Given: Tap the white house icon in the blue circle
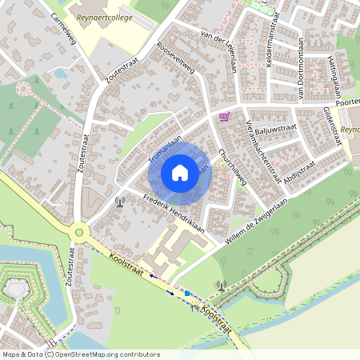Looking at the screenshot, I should click(x=180, y=172).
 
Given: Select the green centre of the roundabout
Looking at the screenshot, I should click(x=78, y=233).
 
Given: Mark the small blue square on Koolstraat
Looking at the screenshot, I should click(x=186, y=294).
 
